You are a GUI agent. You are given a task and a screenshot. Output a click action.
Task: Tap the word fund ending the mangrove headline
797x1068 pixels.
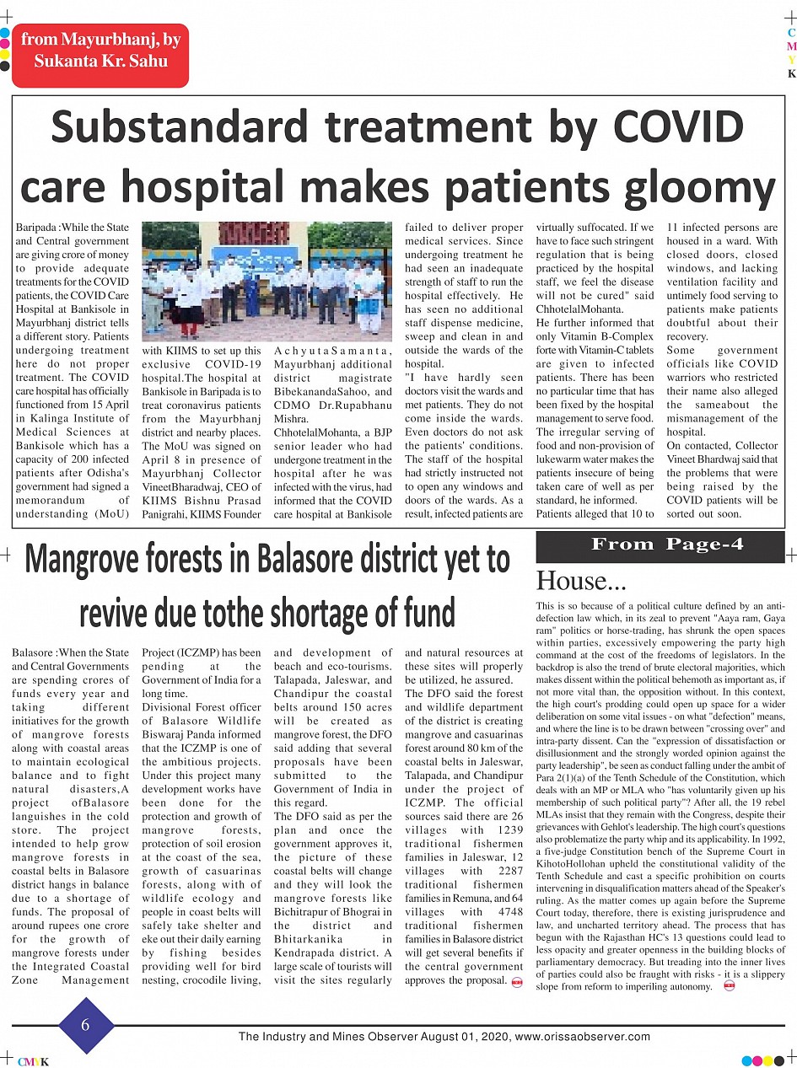tap(424, 610)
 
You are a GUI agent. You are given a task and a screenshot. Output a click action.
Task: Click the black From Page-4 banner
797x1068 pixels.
tap(660, 545)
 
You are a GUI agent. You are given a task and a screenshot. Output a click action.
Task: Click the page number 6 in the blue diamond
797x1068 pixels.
tap(86, 1025)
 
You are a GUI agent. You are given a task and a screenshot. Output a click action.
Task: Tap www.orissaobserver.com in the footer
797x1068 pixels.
tap(581, 1037)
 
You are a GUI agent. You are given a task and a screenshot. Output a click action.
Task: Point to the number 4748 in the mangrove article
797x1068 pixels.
tap(507, 911)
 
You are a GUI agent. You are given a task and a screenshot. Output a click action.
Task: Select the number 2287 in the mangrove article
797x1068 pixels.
tap(507, 871)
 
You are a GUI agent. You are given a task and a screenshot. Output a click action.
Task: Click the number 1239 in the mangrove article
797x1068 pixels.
tap(507, 830)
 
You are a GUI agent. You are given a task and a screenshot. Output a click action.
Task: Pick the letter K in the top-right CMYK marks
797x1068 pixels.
tap(791, 73)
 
